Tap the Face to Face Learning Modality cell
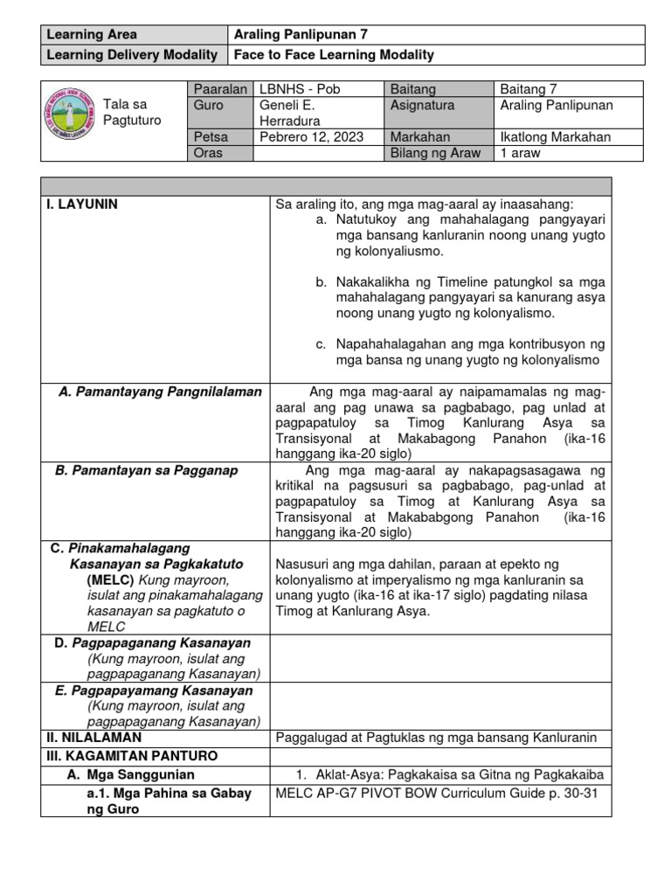click(x=333, y=55)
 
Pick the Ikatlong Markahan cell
click(x=556, y=137)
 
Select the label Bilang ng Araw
click(x=438, y=153)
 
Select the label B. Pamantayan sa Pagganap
click(x=146, y=470)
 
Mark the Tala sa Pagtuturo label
click(x=132, y=112)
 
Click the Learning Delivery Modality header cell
click(x=131, y=55)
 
